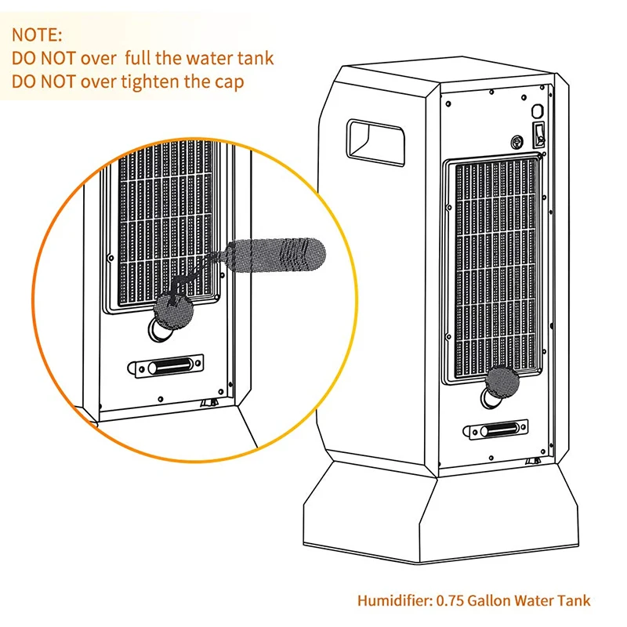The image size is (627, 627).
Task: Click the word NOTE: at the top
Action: click(x=36, y=35)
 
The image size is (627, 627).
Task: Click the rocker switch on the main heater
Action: click(x=538, y=135)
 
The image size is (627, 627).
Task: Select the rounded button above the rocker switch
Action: click(x=538, y=111)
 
